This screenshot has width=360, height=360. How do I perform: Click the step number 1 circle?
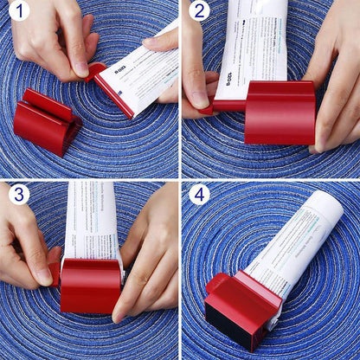tap(19, 12)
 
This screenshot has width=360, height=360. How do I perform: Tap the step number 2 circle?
tap(200, 12)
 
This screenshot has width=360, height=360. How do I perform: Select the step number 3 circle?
tap(19, 195)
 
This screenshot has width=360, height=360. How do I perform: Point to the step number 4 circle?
tap(200, 195)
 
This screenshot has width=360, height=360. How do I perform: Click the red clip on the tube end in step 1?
tap(97, 70)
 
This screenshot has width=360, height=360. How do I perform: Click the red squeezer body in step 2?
tap(280, 112)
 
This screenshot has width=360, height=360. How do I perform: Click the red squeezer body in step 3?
tap(91, 286)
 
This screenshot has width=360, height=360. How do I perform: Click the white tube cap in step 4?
tap(327, 206)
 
